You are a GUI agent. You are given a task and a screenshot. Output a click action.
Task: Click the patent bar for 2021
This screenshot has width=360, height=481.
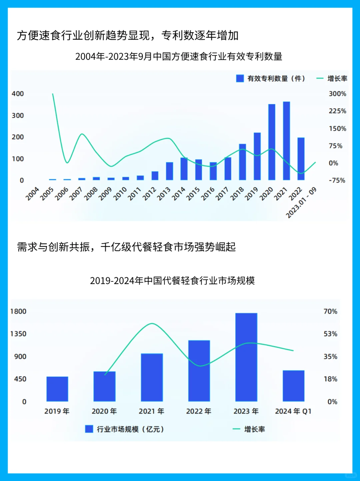pyautogui.click(x=286, y=141)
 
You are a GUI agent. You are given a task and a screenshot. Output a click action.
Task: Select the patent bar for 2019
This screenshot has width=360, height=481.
pyautogui.click(x=257, y=156)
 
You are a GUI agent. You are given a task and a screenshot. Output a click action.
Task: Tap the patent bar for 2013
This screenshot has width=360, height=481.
pyautogui.click(x=169, y=171)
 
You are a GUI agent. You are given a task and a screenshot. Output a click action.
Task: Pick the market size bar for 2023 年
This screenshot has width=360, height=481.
pyautogui.click(x=246, y=357)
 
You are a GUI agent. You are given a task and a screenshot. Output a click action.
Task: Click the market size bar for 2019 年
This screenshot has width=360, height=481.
pyautogui.click(x=57, y=389)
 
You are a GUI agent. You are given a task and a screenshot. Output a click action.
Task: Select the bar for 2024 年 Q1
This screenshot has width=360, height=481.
pyautogui.click(x=293, y=386)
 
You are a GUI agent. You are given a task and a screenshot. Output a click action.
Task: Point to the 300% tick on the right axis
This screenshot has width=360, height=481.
pyautogui.click(x=337, y=94)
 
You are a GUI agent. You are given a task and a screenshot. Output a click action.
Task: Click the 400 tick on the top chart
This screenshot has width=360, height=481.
pyautogui.click(x=18, y=94)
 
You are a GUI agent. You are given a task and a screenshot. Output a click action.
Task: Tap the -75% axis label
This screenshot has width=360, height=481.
pyautogui.click(x=337, y=180)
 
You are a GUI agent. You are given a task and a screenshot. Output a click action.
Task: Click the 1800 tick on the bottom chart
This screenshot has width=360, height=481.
pyautogui.click(x=18, y=311)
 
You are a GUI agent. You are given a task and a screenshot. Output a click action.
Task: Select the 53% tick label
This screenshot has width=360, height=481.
pyautogui.click(x=330, y=334)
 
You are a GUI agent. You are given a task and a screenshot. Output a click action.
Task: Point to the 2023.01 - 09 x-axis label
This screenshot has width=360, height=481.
pyautogui.click(x=301, y=203)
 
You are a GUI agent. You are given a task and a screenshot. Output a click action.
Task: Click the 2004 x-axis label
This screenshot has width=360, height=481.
pyautogui.click(x=32, y=194)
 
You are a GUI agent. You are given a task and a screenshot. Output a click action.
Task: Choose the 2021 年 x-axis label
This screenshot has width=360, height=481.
pyautogui.click(x=151, y=411)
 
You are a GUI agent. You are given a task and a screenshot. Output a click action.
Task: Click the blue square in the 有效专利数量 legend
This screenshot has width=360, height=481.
pyautogui.click(x=240, y=78)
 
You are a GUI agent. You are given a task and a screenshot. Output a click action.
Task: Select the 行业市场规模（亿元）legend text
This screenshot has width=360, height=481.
pyautogui.click(x=130, y=429)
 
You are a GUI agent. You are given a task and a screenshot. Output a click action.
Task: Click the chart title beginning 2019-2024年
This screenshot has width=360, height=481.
pyautogui.click(x=172, y=280)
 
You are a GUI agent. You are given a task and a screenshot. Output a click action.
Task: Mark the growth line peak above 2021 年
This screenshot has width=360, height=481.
pyautogui.click(x=152, y=323)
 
